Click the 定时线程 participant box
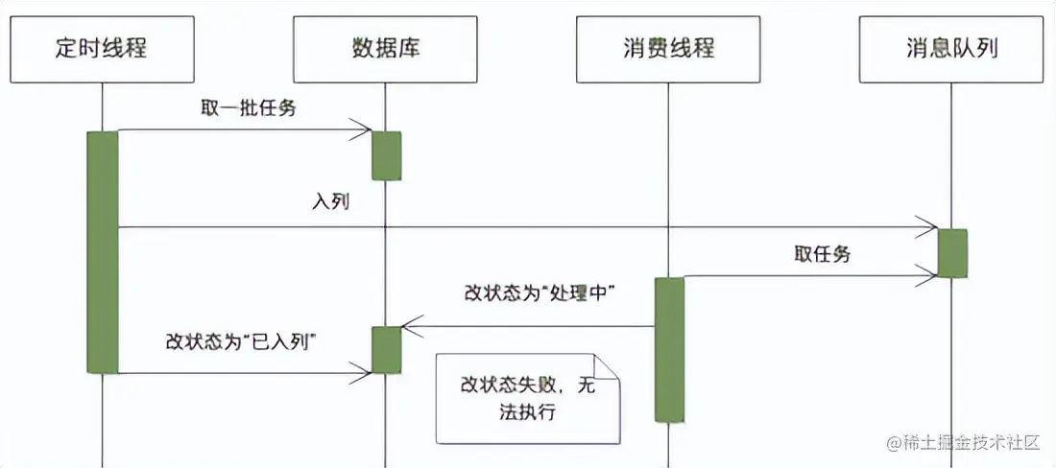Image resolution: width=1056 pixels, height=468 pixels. [x=101, y=47]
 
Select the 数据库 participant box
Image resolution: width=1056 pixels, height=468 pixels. [x=384, y=47]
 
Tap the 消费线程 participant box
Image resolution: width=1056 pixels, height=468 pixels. [x=668, y=47]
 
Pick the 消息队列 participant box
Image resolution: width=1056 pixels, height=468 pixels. [x=951, y=47]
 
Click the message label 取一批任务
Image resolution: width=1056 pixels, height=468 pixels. [x=249, y=107]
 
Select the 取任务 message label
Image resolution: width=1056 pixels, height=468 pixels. [x=822, y=254]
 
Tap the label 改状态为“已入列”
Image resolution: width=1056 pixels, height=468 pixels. [x=242, y=340]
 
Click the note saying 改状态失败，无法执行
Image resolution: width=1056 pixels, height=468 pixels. [x=527, y=399]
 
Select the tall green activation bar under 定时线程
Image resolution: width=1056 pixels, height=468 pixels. [x=102, y=251]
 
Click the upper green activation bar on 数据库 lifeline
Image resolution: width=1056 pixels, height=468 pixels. [x=386, y=155]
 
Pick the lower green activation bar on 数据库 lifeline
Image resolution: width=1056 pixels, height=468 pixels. [x=386, y=349]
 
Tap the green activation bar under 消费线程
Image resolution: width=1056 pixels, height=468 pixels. [x=669, y=349]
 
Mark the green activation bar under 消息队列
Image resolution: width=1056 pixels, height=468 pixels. [x=952, y=253]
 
